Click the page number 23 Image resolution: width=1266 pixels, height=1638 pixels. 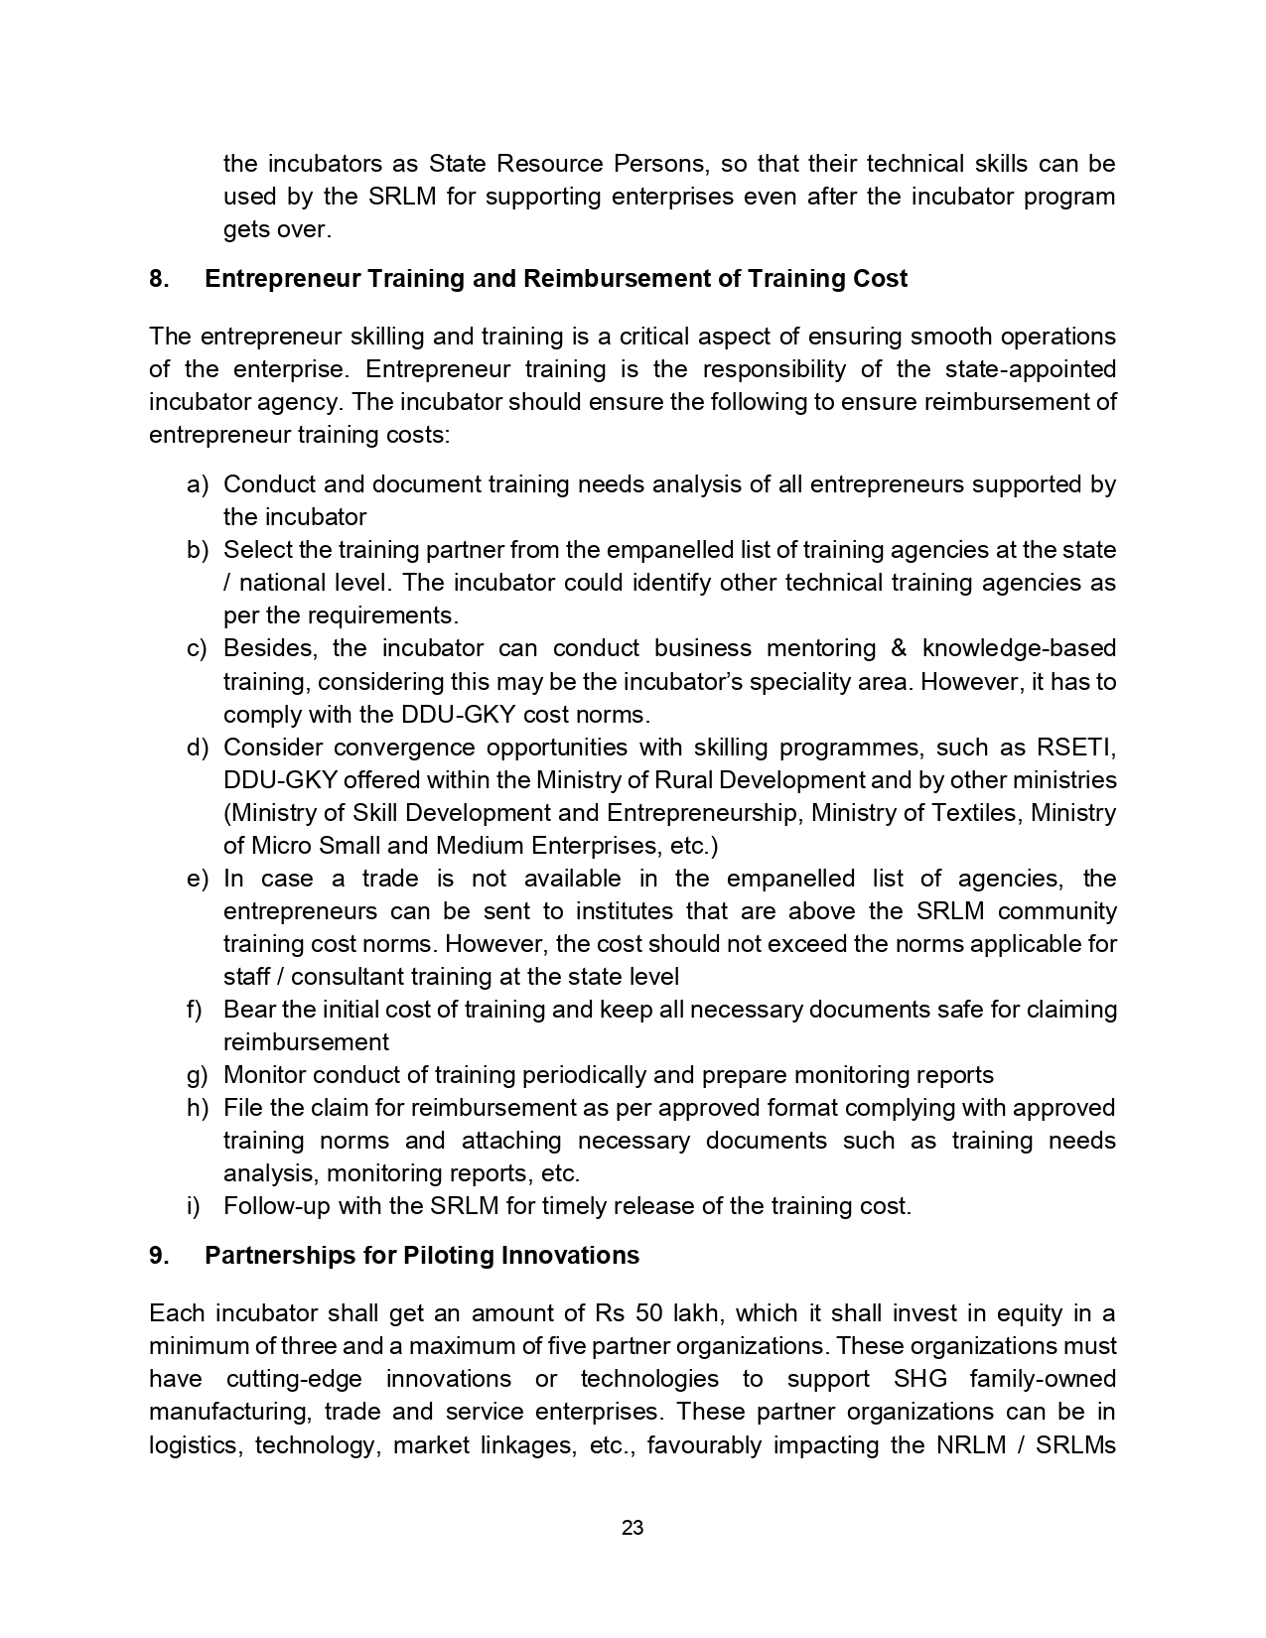633,1528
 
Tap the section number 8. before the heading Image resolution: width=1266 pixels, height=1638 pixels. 159,279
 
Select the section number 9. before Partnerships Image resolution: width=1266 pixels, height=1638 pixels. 159,1256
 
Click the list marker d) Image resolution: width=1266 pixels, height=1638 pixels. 198,748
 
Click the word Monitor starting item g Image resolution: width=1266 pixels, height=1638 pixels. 264,1075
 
